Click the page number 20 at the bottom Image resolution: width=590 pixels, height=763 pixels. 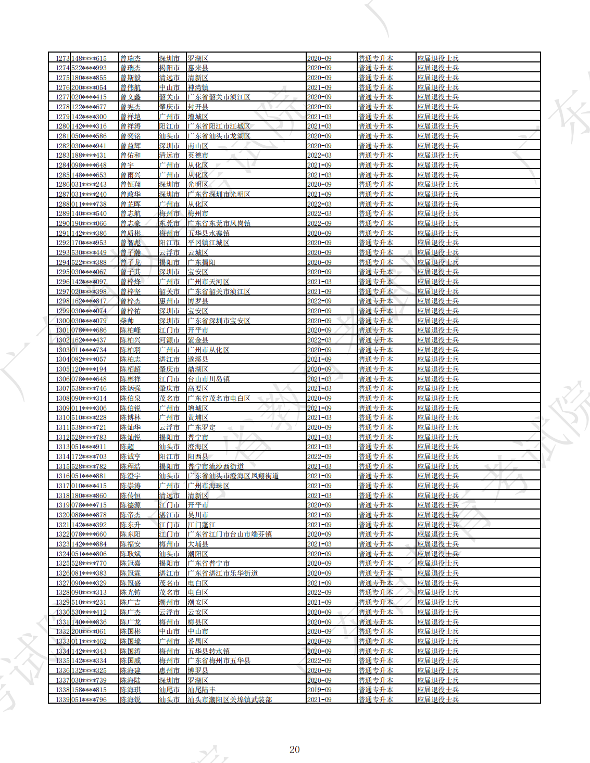[294, 749]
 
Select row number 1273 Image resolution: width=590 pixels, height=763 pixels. [62, 58]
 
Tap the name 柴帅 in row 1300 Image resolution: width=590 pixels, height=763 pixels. [127, 321]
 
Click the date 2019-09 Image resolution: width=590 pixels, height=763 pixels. [319, 690]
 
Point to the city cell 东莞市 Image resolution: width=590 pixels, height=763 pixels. [169, 223]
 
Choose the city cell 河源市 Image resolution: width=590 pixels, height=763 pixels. [169, 340]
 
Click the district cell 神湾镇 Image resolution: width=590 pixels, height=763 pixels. [198, 87]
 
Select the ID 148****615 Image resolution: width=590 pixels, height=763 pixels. [89, 58]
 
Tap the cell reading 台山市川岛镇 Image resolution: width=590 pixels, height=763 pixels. [208, 379]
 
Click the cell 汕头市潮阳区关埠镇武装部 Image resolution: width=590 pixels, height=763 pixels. [230, 700]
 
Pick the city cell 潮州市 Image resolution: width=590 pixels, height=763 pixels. [169, 602]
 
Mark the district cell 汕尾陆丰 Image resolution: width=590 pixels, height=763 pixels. [202, 690]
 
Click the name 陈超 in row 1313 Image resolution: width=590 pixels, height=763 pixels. [127, 447]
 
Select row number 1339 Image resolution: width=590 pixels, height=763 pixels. [62, 700]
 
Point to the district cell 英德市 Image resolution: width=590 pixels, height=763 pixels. [198, 155]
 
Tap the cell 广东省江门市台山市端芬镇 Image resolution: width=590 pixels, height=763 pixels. [230, 534]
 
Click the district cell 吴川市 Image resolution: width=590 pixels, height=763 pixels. [198, 515]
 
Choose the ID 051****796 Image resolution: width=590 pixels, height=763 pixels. [89, 700]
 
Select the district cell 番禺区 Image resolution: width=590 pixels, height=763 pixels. [198, 641]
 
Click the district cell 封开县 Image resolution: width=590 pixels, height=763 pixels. [198, 107]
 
